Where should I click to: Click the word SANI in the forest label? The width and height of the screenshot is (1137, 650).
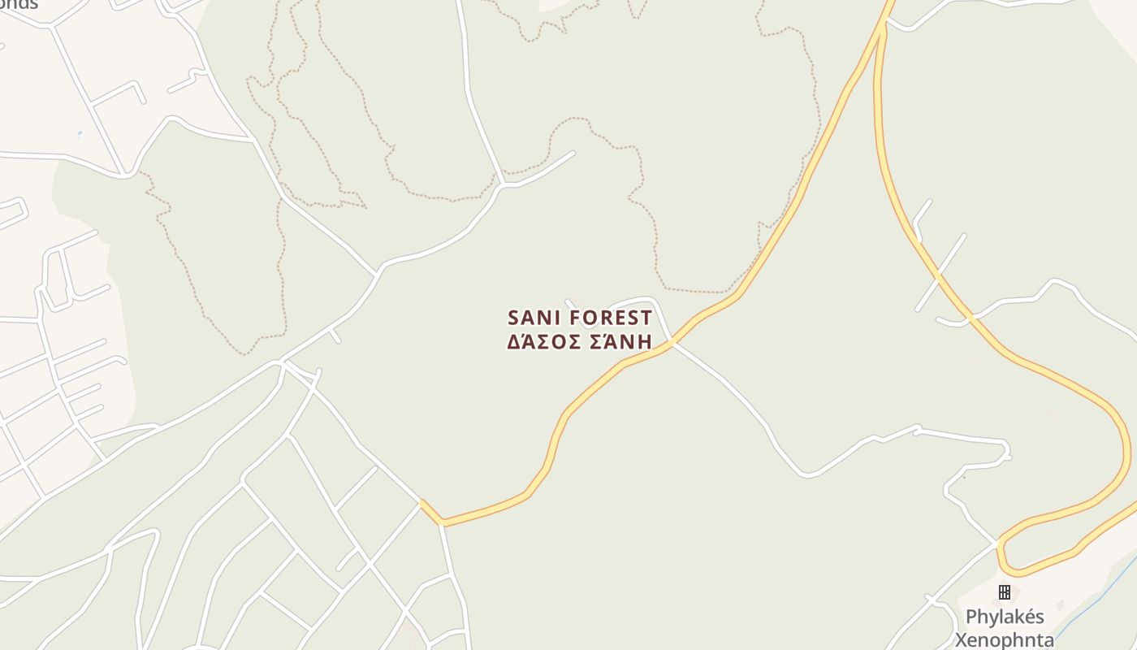(534, 317)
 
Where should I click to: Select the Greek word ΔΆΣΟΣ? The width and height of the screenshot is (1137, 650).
(541, 341)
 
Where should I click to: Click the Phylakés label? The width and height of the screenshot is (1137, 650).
(1005, 617)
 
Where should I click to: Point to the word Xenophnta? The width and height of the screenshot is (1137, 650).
(1005, 639)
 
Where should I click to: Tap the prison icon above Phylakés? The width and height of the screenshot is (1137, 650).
(1005, 591)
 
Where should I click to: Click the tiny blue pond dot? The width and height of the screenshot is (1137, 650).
(79, 134)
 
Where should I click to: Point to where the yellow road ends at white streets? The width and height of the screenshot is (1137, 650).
(422, 502)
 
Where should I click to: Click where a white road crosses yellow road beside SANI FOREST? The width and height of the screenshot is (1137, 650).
(672, 343)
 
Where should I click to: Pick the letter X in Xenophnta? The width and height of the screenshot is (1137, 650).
(962, 639)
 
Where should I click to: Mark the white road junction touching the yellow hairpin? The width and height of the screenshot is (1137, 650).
(997, 543)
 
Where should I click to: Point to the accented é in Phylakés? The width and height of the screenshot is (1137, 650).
(1026, 617)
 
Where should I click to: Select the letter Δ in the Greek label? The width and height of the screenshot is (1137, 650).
(514, 342)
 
